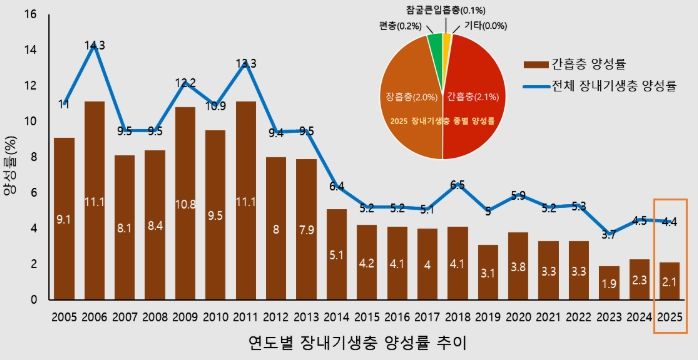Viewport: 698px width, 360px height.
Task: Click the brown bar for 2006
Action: (x=95, y=200)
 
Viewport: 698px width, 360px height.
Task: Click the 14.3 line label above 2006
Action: (x=95, y=45)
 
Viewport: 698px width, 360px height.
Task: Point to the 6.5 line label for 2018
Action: (x=459, y=185)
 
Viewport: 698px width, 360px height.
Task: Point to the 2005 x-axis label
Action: (x=64, y=317)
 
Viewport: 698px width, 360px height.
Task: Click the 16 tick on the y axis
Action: (x=29, y=15)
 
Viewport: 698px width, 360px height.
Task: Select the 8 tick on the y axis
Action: (x=32, y=157)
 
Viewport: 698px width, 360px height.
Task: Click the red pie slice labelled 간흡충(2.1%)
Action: (x=475, y=100)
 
